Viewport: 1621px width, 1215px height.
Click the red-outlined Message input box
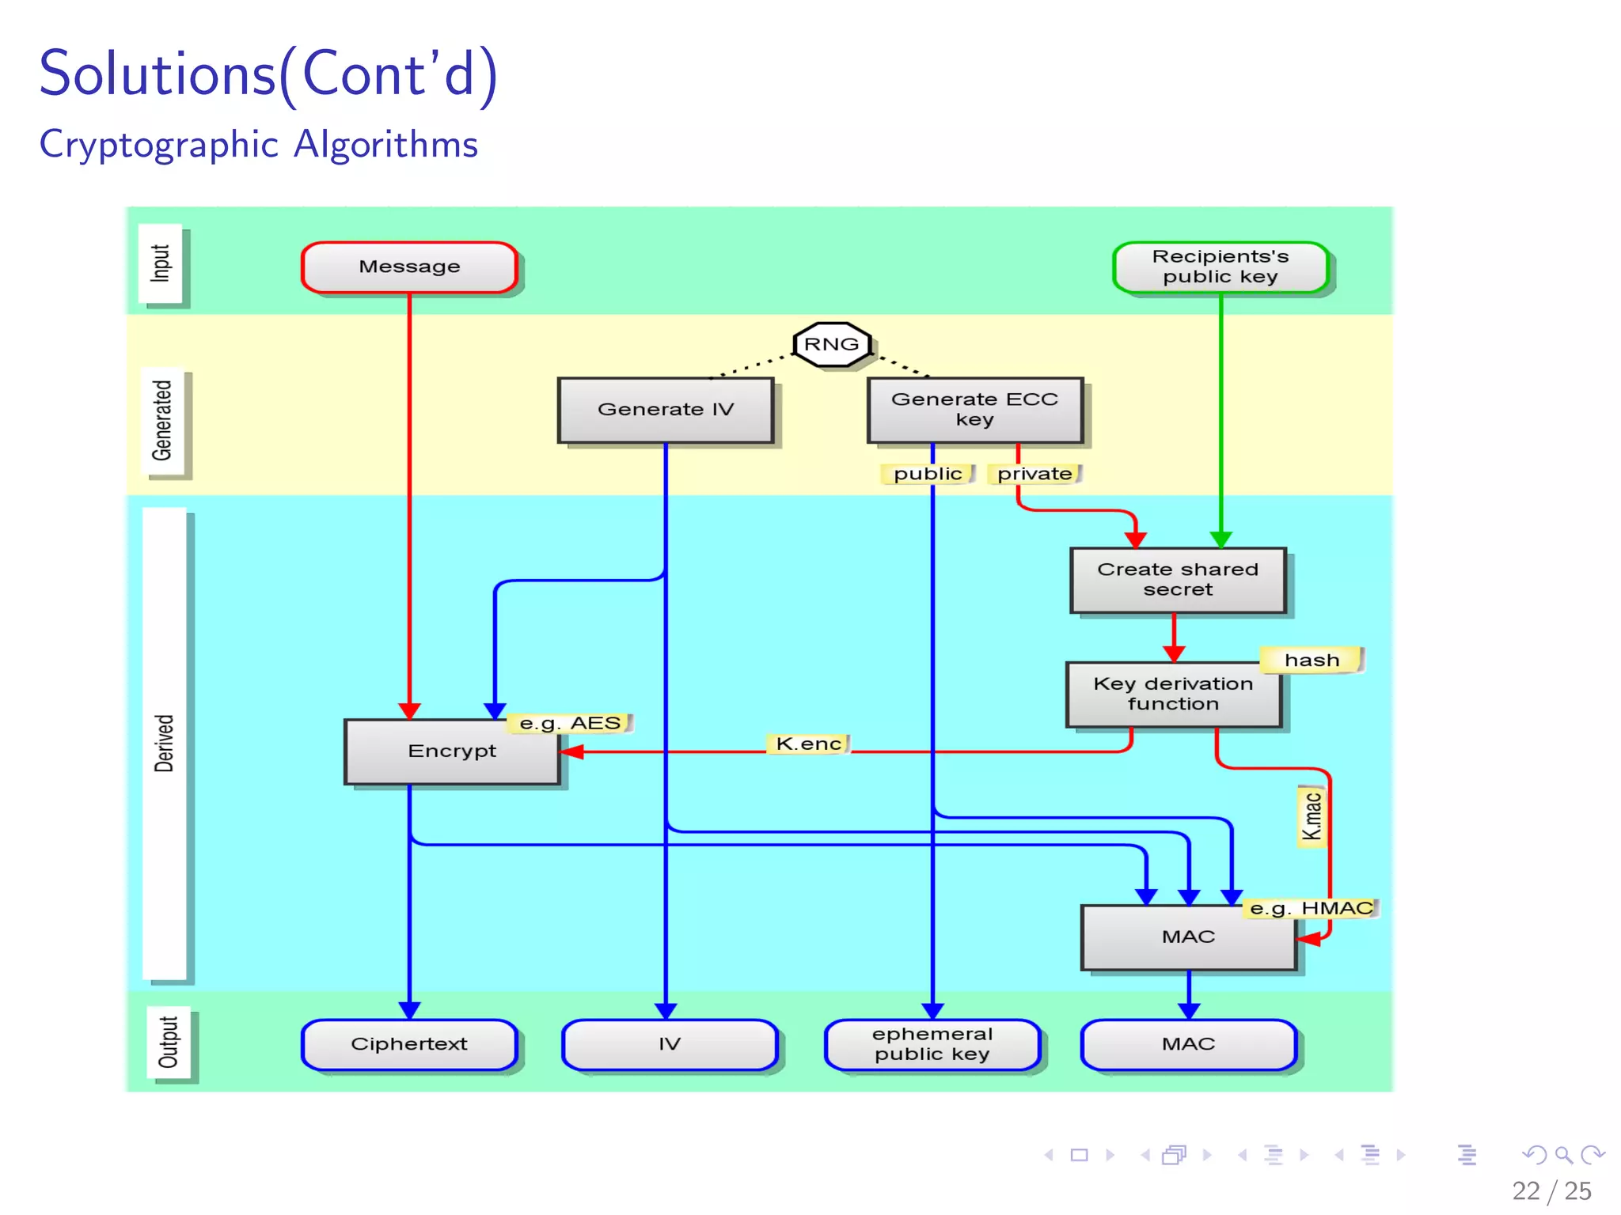click(409, 267)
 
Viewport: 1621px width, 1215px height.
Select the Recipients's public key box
click(1220, 267)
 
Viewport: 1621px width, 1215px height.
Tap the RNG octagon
click(831, 344)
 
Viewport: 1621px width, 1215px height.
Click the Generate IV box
click(665, 410)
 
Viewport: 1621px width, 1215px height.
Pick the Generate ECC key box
click(974, 410)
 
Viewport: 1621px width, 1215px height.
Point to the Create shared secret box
click(1177, 580)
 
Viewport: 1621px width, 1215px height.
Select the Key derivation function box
click(1173, 695)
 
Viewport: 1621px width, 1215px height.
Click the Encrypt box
click(452, 751)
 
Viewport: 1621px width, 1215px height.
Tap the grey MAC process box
click(1188, 937)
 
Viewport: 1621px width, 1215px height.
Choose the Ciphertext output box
click(409, 1044)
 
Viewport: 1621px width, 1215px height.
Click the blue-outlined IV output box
click(669, 1044)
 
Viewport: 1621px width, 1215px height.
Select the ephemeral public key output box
click(932, 1044)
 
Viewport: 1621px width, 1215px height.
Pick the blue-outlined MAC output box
click(1188, 1044)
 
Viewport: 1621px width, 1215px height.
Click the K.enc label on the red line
click(808, 744)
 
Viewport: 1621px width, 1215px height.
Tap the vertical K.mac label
click(1312, 816)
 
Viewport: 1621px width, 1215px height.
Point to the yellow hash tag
click(1312, 660)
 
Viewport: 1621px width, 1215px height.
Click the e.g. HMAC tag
click(1311, 908)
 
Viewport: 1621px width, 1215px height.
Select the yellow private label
click(1034, 474)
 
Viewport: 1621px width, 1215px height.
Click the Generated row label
click(163, 421)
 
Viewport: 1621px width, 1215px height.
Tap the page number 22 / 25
click(1551, 1190)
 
